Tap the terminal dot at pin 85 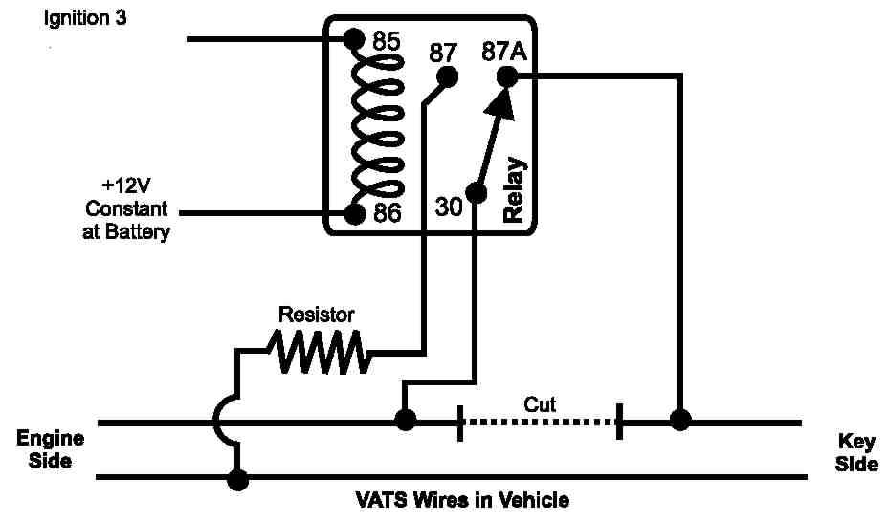tap(354, 39)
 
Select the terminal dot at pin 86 tap(354, 213)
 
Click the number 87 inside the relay tap(442, 53)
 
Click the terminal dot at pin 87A tap(507, 77)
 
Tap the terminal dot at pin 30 tap(477, 192)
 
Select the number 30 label tap(449, 207)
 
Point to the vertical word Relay tap(514, 190)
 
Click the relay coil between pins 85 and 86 tap(378, 126)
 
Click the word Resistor tap(316, 314)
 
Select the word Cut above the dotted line tap(540, 404)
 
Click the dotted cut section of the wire tap(540, 422)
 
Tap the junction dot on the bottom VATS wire tap(236, 479)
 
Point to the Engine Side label tap(51, 449)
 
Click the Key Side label tap(856, 452)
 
